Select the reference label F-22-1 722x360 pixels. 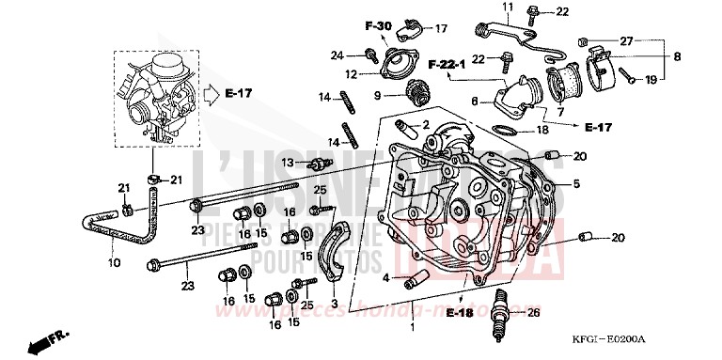pyautogui.click(x=447, y=65)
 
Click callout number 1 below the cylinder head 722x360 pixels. pyautogui.click(x=412, y=329)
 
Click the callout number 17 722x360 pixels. pyautogui.click(x=441, y=28)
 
